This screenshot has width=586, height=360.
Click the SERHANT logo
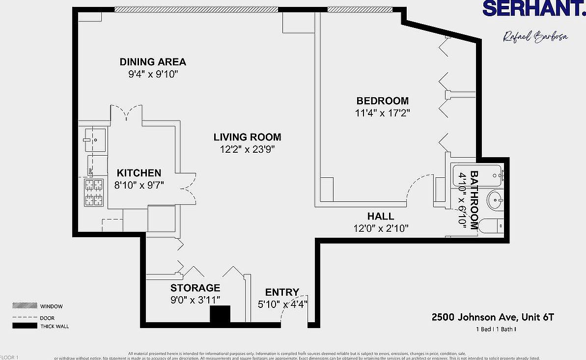[532, 8]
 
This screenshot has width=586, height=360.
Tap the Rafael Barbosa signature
[535, 37]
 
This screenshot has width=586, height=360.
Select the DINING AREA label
[153, 62]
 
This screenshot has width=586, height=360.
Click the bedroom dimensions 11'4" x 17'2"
[383, 113]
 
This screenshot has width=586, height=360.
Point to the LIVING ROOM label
[247, 137]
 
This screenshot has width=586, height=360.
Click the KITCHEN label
[139, 173]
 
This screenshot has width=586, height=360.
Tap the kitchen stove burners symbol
[94, 193]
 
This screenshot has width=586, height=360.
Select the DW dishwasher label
[90, 170]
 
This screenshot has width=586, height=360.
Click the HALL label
[381, 216]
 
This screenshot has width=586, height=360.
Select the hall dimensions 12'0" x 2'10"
[381, 228]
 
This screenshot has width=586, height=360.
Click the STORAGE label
[195, 288]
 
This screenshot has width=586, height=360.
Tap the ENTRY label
[282, 292]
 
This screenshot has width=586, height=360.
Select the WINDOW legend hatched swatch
[25, 305]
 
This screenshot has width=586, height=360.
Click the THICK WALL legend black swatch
[25, 326]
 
